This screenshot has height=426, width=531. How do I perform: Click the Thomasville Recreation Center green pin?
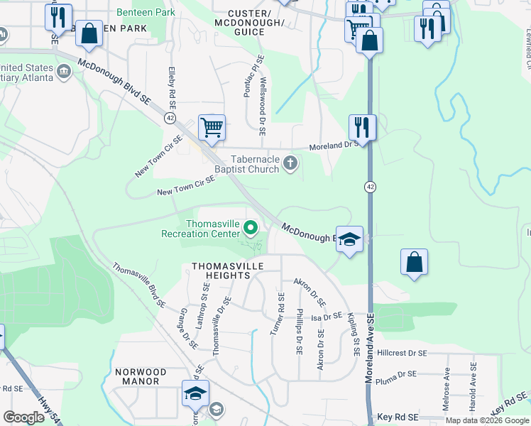point(250,228)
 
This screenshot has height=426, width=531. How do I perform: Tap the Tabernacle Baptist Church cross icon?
point(290,164)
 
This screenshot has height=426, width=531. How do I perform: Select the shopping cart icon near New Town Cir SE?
point(212,129)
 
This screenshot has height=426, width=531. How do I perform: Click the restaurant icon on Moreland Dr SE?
point(362,128)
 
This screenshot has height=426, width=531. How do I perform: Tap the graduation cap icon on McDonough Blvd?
point(349,239)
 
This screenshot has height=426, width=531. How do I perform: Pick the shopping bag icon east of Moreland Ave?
point(414,262)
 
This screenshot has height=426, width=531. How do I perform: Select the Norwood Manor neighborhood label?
point(141,376)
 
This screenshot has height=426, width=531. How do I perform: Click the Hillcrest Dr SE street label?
point(402,353)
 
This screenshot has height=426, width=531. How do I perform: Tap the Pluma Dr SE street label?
point(396,374)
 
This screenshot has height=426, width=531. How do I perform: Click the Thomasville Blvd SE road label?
point(139,285)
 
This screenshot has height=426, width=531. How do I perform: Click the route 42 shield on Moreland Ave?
point(371,186)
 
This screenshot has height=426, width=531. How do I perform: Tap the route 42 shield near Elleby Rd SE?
point(170,117)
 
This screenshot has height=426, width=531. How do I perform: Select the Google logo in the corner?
point(24,417)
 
